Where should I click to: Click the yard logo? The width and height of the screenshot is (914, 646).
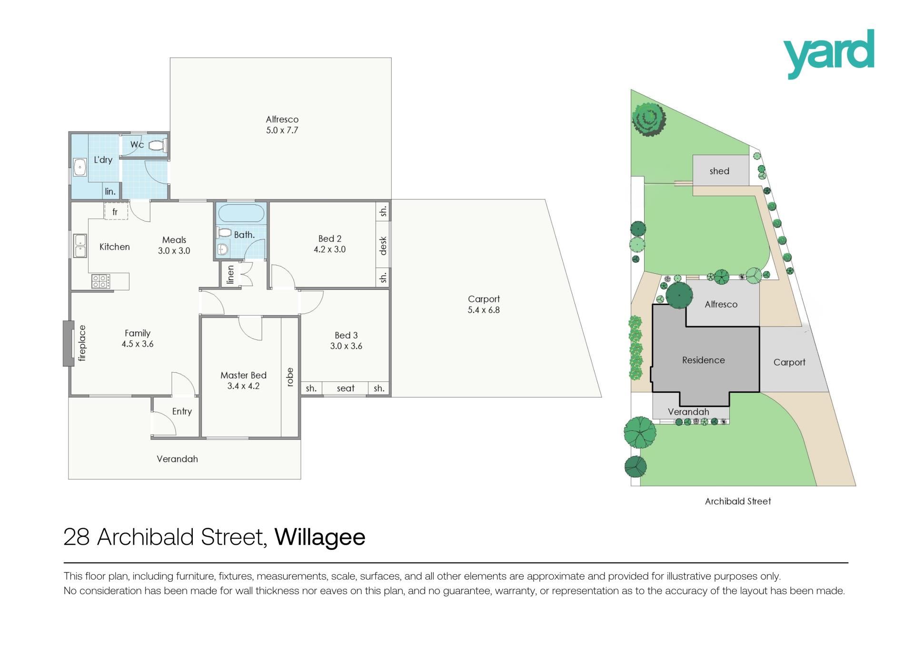(829, 54)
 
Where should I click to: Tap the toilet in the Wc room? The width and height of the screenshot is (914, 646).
(157, 145)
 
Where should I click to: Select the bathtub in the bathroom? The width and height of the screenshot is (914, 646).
(241, 214)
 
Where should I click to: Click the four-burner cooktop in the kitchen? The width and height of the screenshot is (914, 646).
(100, 281)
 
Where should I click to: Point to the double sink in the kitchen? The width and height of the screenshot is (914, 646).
(80, 245)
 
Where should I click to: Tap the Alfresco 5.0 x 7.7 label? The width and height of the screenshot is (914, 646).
(282, 125)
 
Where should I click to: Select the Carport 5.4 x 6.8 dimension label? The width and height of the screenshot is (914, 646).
(484, 304)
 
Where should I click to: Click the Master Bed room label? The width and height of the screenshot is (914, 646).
(243, 375)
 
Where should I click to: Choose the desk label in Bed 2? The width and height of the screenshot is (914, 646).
(383, 246)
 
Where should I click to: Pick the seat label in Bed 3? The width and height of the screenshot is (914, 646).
(346, 388)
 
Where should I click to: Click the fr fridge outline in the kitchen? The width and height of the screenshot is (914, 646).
(116, 211)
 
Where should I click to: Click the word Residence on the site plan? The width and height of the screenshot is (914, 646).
(703, 360)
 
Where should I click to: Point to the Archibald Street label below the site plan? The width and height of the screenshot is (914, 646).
(738, 501)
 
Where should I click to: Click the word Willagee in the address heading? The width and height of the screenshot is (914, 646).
(320, 537)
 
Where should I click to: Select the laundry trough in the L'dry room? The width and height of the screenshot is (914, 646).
(79, 168)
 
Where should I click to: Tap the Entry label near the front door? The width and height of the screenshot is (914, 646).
(182, 411)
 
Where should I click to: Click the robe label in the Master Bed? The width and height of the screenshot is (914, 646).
(289, 377)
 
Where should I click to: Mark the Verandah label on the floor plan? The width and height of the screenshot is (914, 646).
(177, 459)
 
